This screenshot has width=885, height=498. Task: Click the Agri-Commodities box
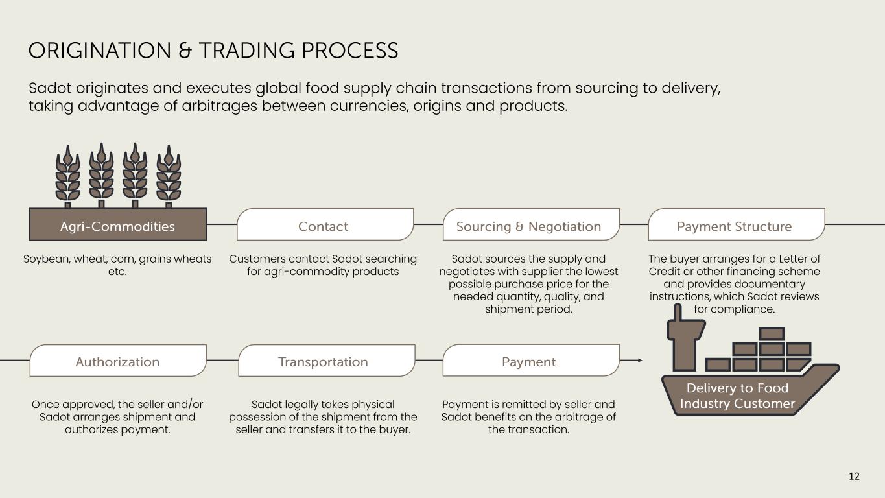pos(118,224)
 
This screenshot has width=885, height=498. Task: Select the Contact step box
pos(325,224)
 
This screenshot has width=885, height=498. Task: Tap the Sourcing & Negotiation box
pos(532,224)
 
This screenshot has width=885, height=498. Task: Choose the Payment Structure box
pos(737,224)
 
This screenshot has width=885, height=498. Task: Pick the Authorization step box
pos(118,361)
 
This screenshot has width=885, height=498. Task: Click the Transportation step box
pos(327,361)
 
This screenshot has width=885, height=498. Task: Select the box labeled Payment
pos(531,361)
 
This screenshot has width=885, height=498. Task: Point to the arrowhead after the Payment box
pos(640,361)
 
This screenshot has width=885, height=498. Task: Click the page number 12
pos(854,476)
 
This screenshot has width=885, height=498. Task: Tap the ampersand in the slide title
pos(185,51)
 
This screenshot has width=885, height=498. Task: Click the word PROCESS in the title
pos(349,51)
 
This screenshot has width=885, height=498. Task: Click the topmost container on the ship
pos(772,333)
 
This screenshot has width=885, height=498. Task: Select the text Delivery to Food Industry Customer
pos(737,396)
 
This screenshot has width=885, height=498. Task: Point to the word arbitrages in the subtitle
pos(220,106)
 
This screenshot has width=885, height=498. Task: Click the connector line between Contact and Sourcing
pos(429,224)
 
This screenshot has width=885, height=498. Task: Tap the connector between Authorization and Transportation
pos(222,361)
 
